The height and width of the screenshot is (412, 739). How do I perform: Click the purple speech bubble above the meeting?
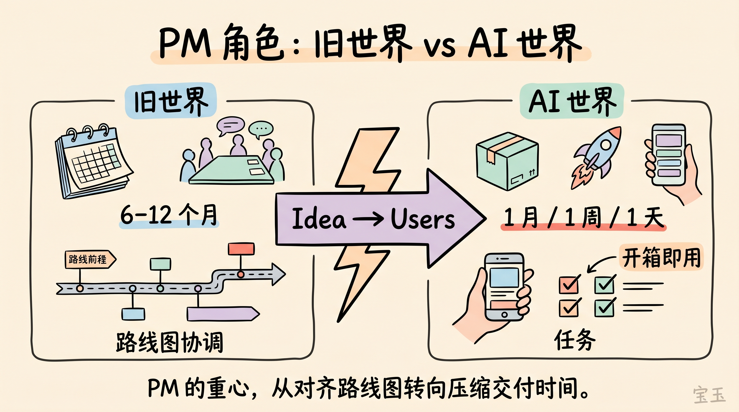230,125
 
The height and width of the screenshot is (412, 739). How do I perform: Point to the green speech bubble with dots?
260,129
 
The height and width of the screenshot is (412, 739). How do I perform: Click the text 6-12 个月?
169,215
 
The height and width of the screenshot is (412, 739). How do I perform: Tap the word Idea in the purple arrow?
319,219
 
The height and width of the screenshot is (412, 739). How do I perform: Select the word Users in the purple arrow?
422,219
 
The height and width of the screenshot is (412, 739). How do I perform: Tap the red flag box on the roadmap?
241,249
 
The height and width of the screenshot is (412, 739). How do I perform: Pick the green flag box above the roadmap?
160,264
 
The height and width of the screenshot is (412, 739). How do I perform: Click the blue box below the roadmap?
133,314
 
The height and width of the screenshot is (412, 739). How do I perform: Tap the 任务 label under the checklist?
575,340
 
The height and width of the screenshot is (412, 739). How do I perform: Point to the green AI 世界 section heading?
572,101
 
